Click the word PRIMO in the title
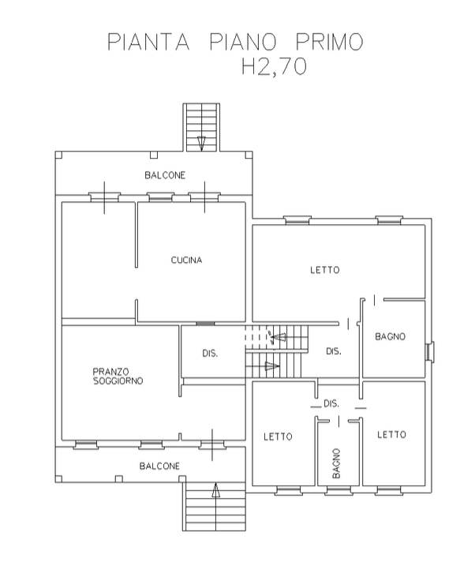[x=329, y=42]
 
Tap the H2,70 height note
[x=274, y=66]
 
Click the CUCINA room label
[x=186, y=260]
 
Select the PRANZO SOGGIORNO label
[x=118, y=376]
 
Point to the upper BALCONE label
[x=165, y=175]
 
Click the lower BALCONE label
[x=159, y=466]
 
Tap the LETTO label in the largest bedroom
[x=325, y=269]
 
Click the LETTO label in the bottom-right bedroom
[x=391, y=435]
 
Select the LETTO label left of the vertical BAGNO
[x=278, y=436]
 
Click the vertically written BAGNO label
[x=336, y=463]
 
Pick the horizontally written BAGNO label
[x=390, y=336]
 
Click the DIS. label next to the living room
[x=210, y=354]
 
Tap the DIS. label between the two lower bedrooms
[x=331, y=404]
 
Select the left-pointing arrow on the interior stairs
[x=279, y=337]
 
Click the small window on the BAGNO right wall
[x=430, y=352]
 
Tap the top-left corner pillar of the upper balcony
[x=58, y=155]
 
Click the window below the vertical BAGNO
[x=338, y=490]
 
